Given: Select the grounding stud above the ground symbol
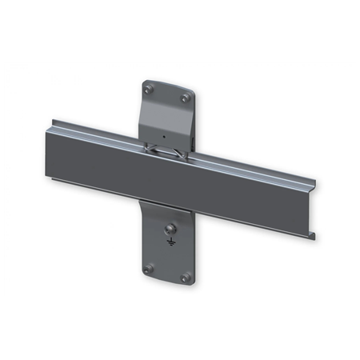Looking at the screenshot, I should [169, 230].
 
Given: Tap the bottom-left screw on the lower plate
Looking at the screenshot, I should [150, 267].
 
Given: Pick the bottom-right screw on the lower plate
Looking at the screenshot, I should [186, 278].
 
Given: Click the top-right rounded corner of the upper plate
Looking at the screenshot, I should [192, 94].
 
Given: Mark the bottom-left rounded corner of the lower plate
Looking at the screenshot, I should [145, 274].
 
